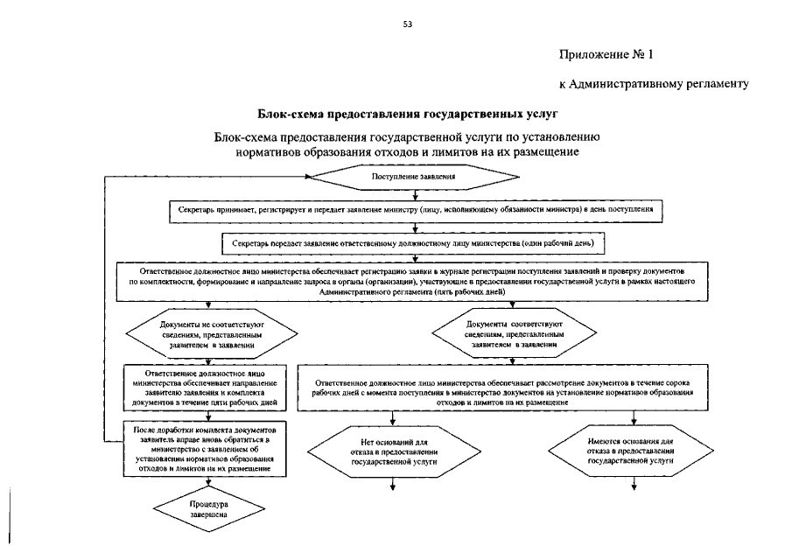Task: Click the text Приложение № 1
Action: tap(606, 54)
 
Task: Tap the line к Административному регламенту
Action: tap(652, 85)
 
